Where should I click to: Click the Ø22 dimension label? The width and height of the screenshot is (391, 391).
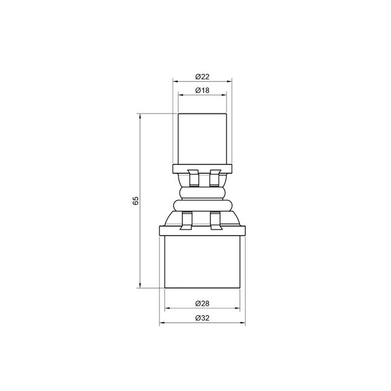point(202,76)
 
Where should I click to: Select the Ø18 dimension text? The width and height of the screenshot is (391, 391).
point(202,91)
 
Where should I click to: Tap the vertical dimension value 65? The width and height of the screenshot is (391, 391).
point(135,200)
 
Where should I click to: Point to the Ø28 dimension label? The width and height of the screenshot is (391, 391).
point(202,303)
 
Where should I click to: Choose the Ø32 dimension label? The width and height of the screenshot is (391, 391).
point(202,318)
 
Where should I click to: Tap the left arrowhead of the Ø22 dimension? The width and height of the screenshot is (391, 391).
point(175,81)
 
